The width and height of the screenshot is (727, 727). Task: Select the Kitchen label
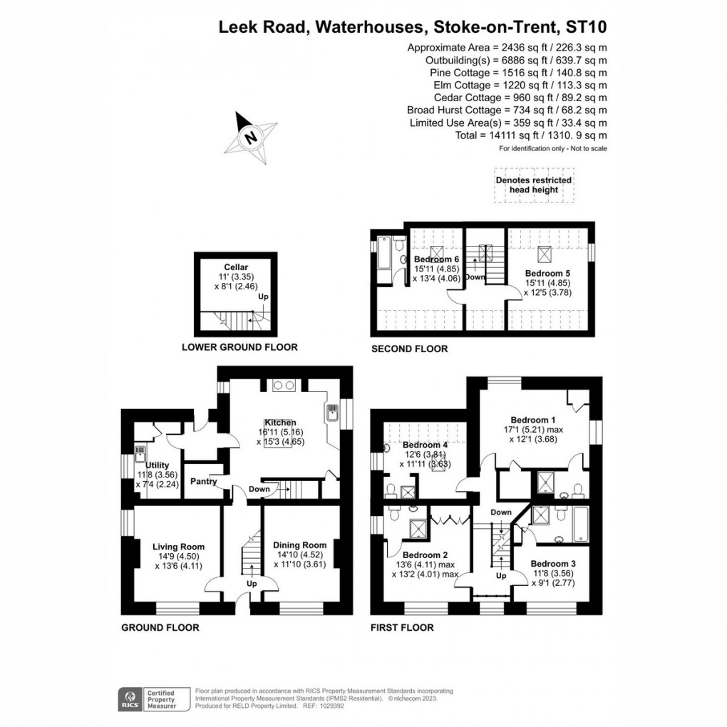[x=282, y=423]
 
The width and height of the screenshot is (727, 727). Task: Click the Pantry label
[x=204, y=481]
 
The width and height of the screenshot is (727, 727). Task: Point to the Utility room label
[x=156, y=465]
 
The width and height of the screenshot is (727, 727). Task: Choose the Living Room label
[x=178, y=547]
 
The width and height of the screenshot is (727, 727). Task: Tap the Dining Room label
[x=299, y=545]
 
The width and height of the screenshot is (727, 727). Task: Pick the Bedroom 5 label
[x=547, y=272]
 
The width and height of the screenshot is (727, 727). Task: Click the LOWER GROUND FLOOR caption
[x=239, y=347]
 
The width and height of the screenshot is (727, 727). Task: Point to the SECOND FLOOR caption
[x=410, y=349]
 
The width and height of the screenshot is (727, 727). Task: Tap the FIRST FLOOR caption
[x=402, y=627]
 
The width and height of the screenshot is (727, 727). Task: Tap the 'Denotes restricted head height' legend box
[x=534, y=185]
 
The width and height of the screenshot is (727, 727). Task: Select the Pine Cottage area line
[x=518, y=73]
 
